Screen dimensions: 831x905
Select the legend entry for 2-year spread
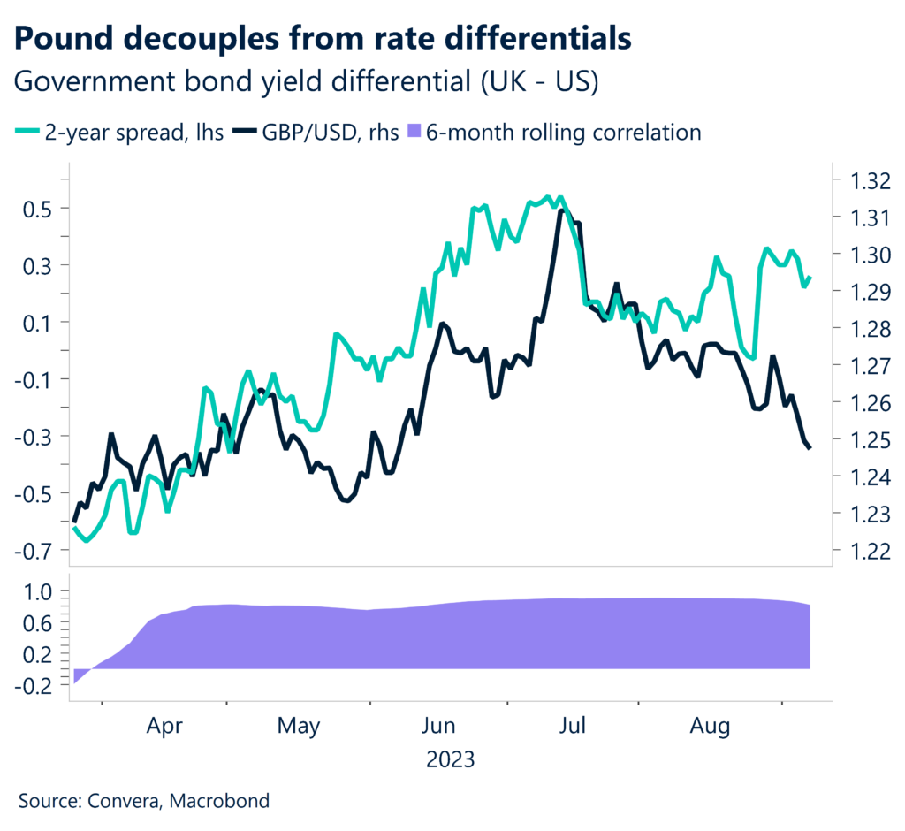pos(119,133)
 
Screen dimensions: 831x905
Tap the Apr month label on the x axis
pos(164,727)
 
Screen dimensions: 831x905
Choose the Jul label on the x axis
pos(574,727)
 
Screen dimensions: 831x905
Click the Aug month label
pos(710,727)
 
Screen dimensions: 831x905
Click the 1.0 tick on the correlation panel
pos(41,591)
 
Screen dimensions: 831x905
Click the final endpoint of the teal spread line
pos(810,278)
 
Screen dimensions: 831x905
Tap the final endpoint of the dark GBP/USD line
pos(810,449)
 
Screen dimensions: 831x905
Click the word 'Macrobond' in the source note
pos(221,802)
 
